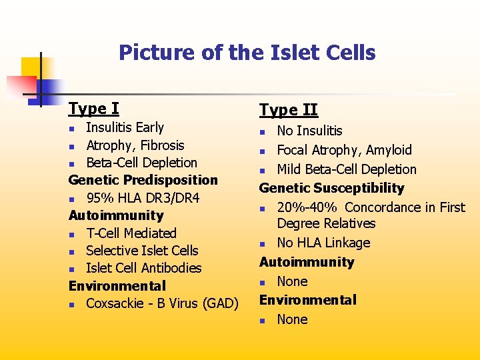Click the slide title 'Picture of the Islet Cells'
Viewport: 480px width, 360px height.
click(x=247, y=53)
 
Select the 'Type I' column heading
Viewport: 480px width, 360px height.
click(x=93, y=108)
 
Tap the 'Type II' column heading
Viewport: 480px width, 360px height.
click(x=288, y=110)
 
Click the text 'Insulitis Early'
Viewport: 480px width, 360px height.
click(x=125, y=127)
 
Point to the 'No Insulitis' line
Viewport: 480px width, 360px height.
click(x=309, y=131)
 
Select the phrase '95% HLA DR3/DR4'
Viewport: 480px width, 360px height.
click(x=143, y=198)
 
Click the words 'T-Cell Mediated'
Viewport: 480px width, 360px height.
click(x=131, y=233)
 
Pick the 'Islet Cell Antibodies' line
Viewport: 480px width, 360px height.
click(x=143, y=268)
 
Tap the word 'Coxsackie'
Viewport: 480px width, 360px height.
click(x=115, y=303)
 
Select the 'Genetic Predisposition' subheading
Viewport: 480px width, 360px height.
click(x=143, y=180)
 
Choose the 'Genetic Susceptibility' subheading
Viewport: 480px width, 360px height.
click(x=331, y=188)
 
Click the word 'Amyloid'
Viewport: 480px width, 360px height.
click(x=388, y=150)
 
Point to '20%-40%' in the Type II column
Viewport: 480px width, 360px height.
click(x=307, y=207)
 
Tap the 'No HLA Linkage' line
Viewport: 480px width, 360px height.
click(x=323, y=243)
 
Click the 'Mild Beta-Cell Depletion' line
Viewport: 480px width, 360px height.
click(x=346, y=169)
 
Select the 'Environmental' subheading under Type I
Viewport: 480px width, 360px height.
click(x=117, y=286)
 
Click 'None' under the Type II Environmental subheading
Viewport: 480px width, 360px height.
click(x=292, y=319)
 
